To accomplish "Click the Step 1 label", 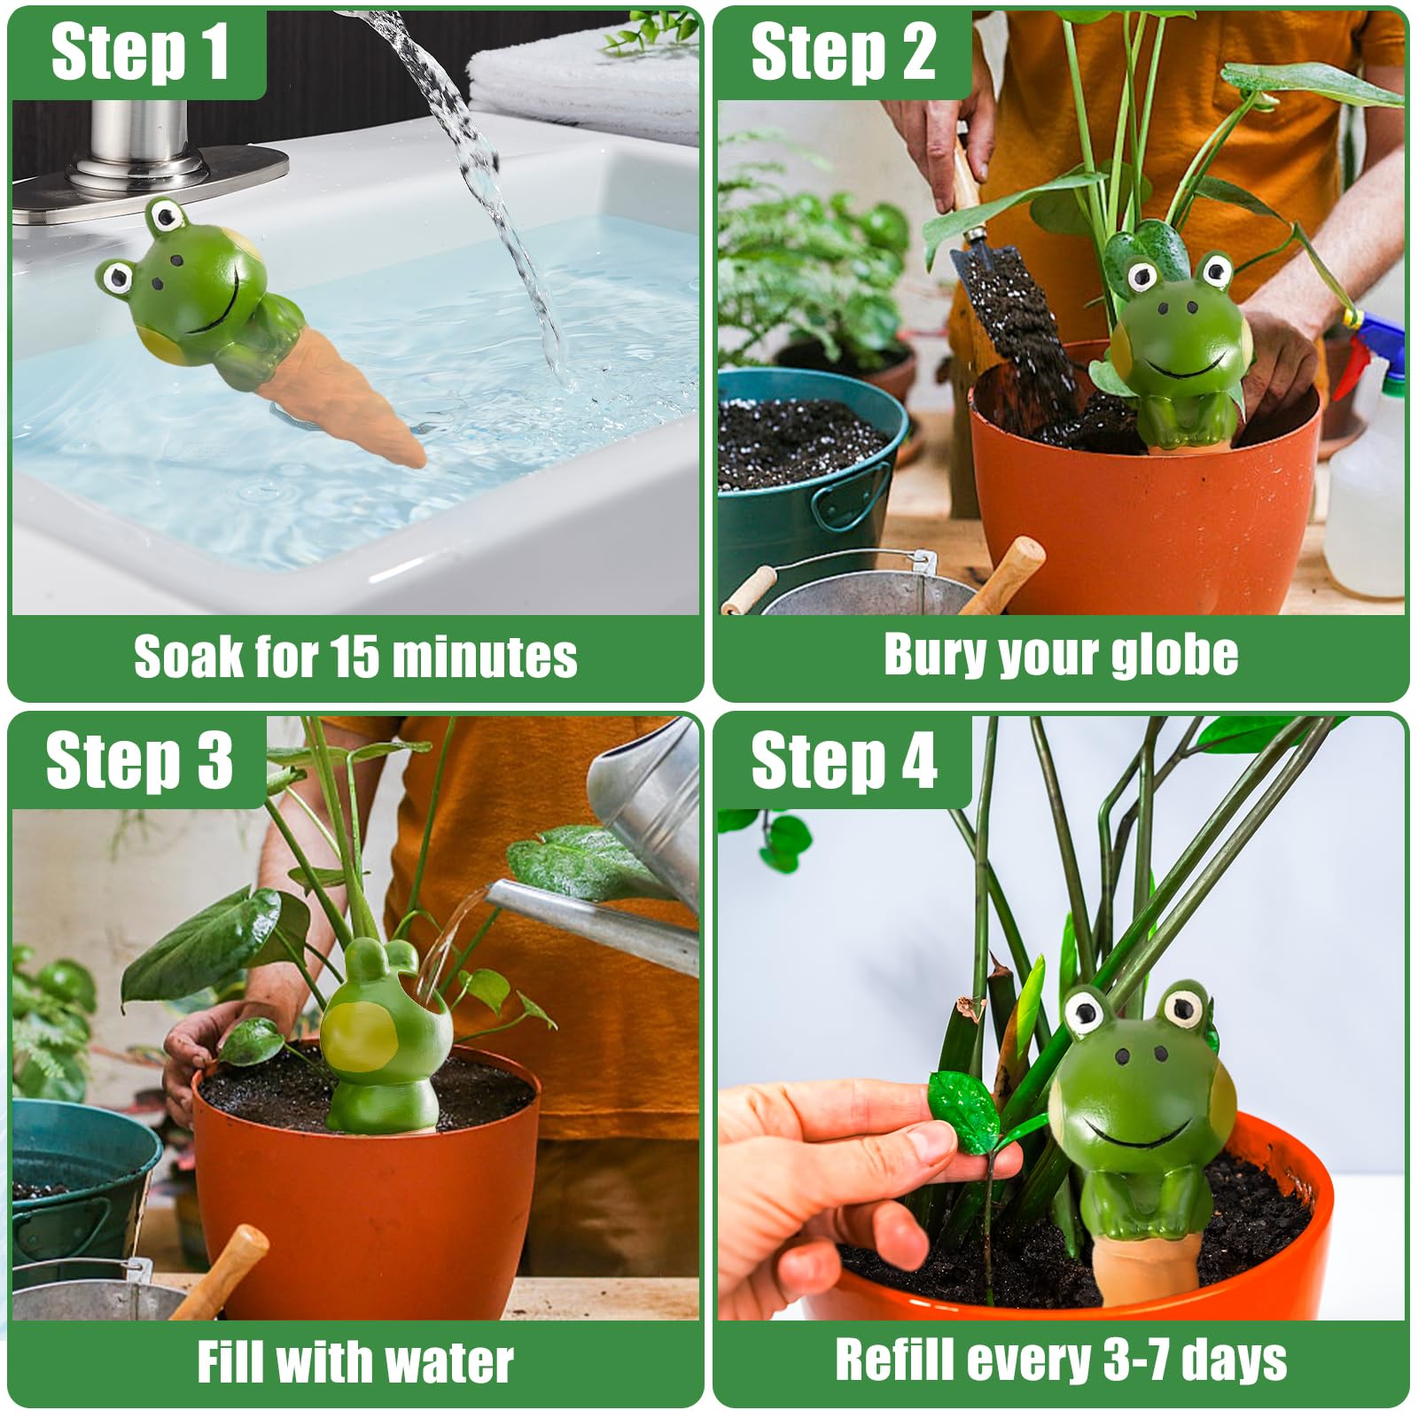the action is [140, 53].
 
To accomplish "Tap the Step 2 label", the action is [843, 53].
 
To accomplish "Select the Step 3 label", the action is [139, 760].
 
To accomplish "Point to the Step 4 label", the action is [844, 760].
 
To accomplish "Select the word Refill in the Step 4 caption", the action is [893, 1360].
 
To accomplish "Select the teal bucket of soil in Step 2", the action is [808, 483].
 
